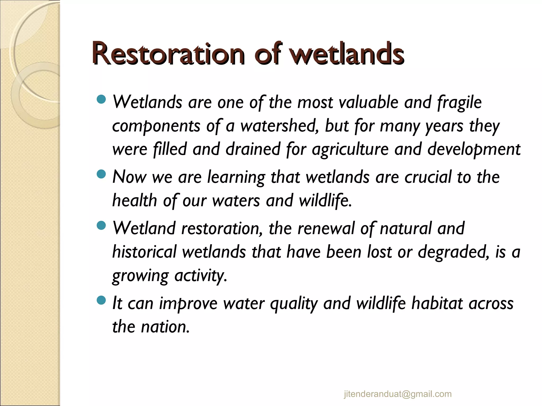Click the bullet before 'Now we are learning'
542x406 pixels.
(x=101, y=174)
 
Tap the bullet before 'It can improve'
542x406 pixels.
(x=101, y=300)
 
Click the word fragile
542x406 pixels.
(x=459, y=103)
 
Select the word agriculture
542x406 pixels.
(x=350, y=149)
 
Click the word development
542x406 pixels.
(x=474, y=149)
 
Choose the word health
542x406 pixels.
(x=135, y=200)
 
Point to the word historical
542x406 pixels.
(x=144, y=252)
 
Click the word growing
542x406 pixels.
(x=140, y=276)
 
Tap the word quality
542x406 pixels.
(x=294, y=303)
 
